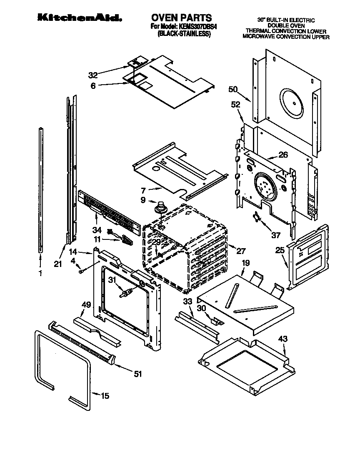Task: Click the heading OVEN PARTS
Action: coord(181,18)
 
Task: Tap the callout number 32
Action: coord(93,75)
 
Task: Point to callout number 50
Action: coord(233,89)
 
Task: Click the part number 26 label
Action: coord(283,155)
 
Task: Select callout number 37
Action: coord(276,235)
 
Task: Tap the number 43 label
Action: coord(283,340)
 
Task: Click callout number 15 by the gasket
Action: coord(105,395)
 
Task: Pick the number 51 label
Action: coord(137,374)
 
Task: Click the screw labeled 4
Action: coord(82,271)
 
